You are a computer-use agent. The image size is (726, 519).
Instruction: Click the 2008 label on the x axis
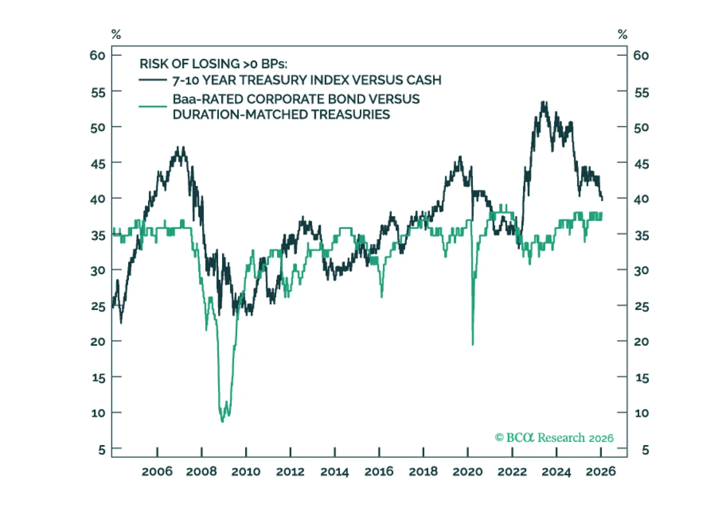(x=201, y=472)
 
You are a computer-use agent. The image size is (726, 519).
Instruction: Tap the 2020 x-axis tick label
(x=467, y=472)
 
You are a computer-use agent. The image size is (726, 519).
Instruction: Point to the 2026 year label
(x=601, y=472)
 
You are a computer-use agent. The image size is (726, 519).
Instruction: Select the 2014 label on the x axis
(x=334, y=472)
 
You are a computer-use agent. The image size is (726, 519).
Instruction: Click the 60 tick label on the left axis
(x=98, y=55)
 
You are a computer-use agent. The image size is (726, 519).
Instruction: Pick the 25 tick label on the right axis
(x=641, y=307)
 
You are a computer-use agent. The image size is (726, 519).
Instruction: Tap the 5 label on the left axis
(x=102, y=450)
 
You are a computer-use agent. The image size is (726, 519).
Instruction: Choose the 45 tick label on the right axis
(x=641, y=164)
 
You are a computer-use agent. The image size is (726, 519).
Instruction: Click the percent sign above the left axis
(x=116, y=34)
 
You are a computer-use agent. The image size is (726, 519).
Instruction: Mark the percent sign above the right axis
(x=622, y=34)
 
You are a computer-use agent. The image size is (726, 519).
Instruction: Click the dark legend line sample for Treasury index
(x=153, y=80)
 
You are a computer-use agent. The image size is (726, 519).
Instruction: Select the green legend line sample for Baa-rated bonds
(x=153, y=107)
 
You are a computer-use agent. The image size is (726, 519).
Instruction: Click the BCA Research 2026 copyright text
(x=554, y=438)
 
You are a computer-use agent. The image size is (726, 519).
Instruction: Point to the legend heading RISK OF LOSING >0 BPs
(x=213, y=64)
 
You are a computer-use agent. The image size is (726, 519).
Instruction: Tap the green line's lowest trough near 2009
(x=222, y=421)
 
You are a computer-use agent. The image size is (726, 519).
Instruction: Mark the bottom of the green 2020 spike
(x=473, y=344)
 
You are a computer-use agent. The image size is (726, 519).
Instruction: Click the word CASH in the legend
(x=424, y=80)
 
